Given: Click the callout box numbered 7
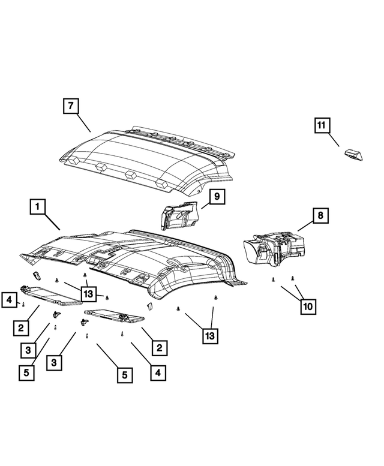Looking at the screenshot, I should (71, 106).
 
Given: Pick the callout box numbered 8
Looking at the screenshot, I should (320, 214).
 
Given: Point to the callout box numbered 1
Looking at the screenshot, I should (37, 207).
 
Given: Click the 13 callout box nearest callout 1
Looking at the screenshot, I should (88, 293).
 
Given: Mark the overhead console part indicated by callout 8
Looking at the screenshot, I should (274, 248).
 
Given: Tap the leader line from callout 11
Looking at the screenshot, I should (336, 142).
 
